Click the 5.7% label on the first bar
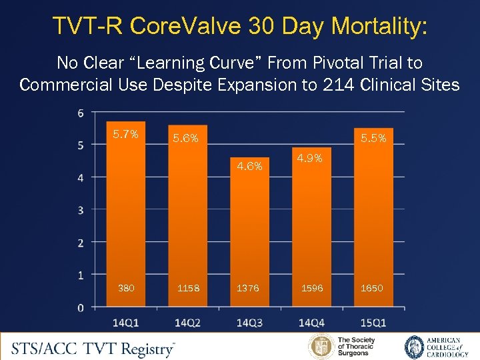click(125, 134)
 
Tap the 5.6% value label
click(186, 139)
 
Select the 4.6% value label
click(249, 166)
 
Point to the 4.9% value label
click(309, 159)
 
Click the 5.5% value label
click(374, 139)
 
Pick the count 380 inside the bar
click(125, 288)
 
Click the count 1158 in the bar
click(187, 288)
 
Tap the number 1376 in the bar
click(249, 288)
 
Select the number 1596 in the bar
click(311, 288)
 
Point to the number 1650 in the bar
click(372, 288)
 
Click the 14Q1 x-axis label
click(125, 323)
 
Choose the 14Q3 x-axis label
click(249, 323)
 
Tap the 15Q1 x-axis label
click(373, 323)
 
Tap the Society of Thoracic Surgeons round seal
click(321, 347)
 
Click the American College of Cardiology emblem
click(415, 347)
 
